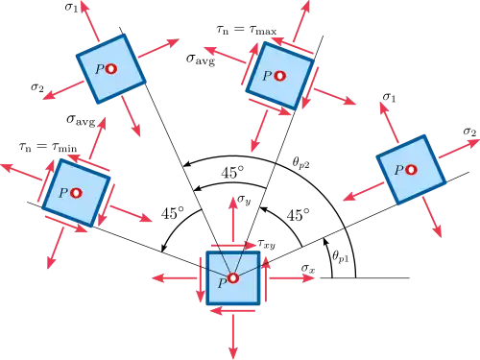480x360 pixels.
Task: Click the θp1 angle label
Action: pyautogui.click(x=340, y=257)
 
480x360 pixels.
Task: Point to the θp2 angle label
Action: pyautogui.click(x=300, y=162)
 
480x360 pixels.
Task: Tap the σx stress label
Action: pyautogui.click(x=308, y=269)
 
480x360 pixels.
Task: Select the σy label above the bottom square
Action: pyautogui.click(x=244, y=200)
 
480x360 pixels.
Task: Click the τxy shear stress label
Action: pyautogui.click(x=266, y=244)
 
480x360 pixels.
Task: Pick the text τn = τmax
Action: pyautogui.click(x=247, y=30)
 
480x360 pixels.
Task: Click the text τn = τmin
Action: pyautogui.click(x=48, y=147)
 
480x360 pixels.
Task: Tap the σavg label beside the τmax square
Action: pyautogui.click(x=201, y=60)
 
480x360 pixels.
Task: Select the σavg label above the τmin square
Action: pyautogui.click(x=81, y=120)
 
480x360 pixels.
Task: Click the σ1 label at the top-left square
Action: pyautogui.click(x=71, y=7)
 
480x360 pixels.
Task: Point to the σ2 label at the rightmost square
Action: pyautogui.click(x=469, y=132)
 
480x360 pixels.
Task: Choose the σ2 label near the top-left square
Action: pyautogui.click(x=37, y=87)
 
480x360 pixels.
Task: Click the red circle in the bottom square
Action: pyautogui.click(x=233, y=278)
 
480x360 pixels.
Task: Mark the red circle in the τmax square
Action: pyautogui.click(x=280, y=76)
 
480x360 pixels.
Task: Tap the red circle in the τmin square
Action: pyautogui.click(x=76, y=193)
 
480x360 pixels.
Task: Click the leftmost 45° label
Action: pyautogui.click(x=173, y=213)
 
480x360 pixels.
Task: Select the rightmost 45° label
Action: pyautogui.click(x=299, y=215)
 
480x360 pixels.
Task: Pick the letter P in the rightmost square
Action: pyautogui.click(x=398, y=170)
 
